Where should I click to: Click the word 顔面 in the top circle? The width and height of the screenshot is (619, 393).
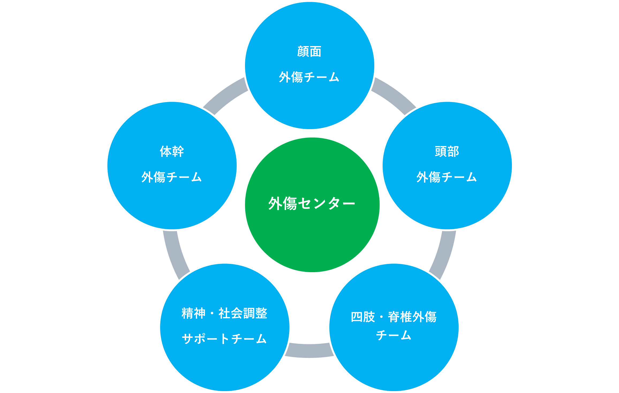pyautogui.click(x=309, y=52)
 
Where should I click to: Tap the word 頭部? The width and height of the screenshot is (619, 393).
pyautogui.click(x=447, y=152)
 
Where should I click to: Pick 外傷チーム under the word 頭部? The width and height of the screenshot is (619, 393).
pyautogui.click(x=447, y=177)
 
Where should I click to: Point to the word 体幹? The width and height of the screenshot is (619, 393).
pyautogui.click(x=172, y=152)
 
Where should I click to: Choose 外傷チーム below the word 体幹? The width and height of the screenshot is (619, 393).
pyautogui.click(x=172, y=177)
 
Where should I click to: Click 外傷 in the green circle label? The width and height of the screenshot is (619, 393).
pyautogui.click(x=283, y=204)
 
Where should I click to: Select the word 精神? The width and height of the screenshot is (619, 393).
pyautogui.click(x=193, y=313)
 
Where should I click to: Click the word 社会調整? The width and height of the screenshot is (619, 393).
pyautogui.click(x=243, y=313)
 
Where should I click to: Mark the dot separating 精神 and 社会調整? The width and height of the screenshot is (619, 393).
pyautogui.click(x=212, y=313)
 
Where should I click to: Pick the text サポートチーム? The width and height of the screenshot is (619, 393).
pyautogui.click(x=224, y=339)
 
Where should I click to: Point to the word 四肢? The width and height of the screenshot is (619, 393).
pyautogui.click(x=363, y=317)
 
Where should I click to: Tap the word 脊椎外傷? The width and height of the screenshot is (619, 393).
pyautogui.click(x=412, y=317)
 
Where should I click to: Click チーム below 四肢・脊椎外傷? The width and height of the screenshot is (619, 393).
pyautogui.click(x=394, y=335)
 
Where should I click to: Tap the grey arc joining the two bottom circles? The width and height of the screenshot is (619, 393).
pyautogui.click(x=309, y=351)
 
